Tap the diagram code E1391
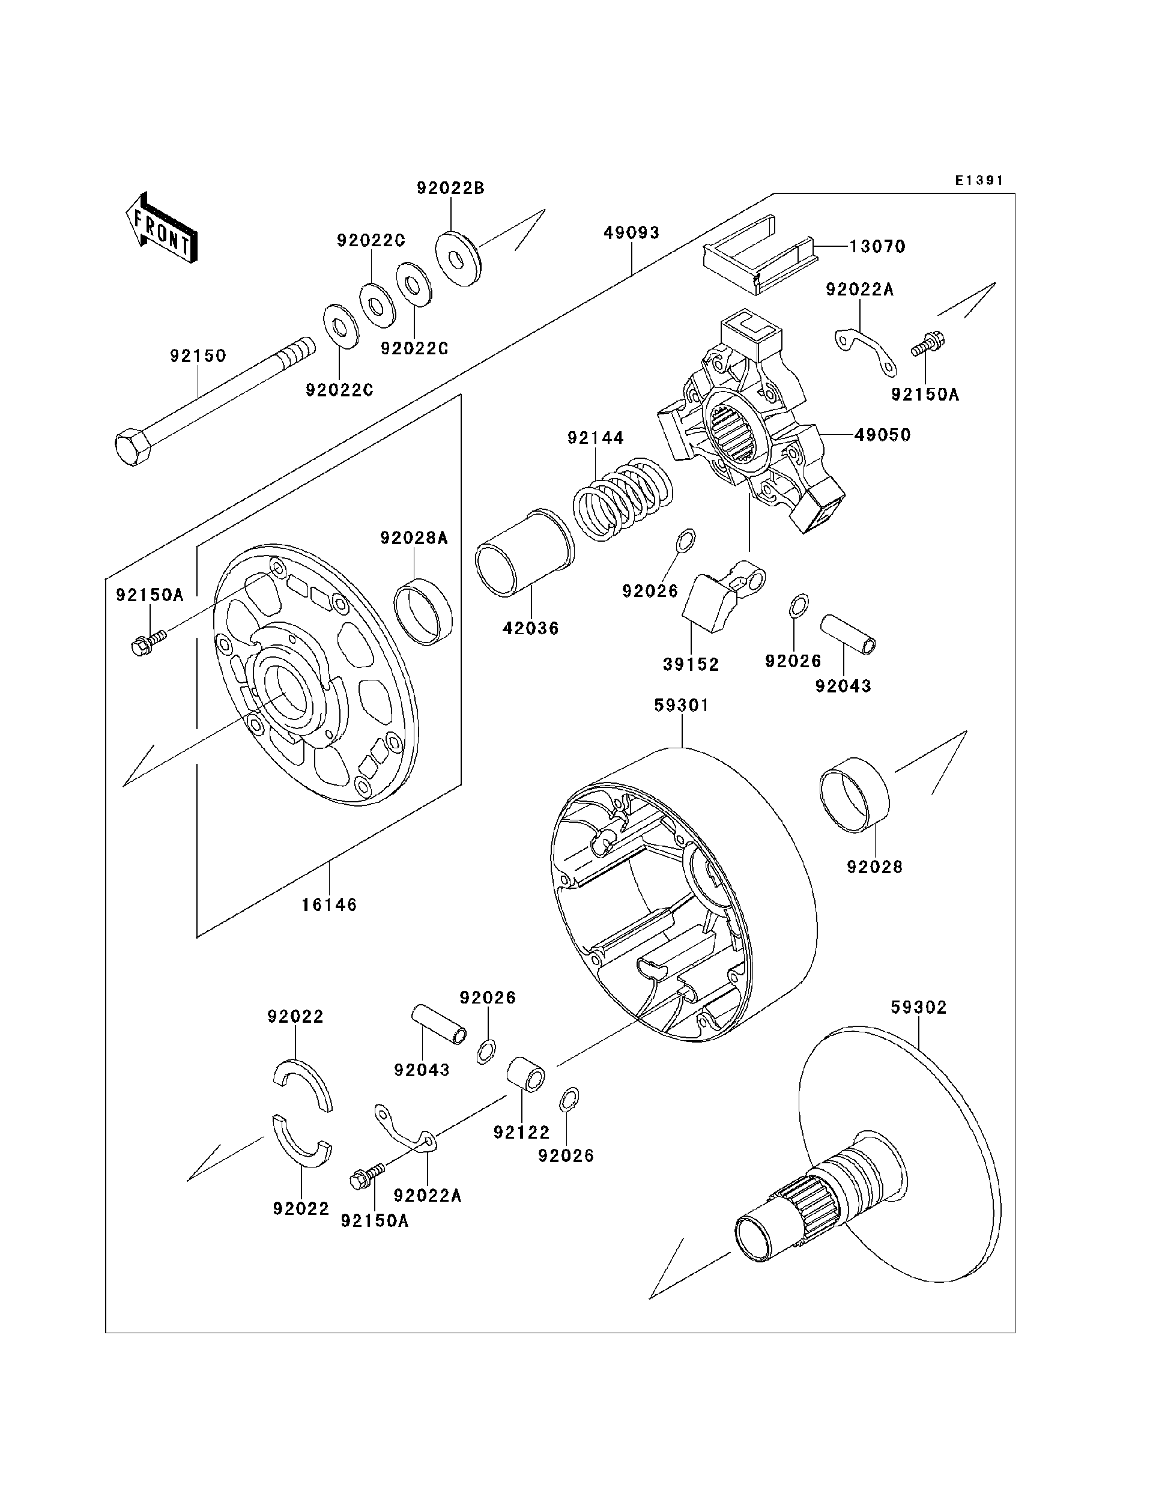pyautogui.click(x=979, y=181)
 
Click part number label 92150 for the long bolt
pyautogui.click(x=198, y=356)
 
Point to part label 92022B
pyautogui.click(x=450, y=188)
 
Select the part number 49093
pyautogui.click(x=631, y=232)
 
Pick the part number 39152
pyautogui.click(x=691, y=664)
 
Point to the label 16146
pyautogui.click(x=330, y=904)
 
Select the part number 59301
pyautogui.click(x=681, y=705)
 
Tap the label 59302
pyautogui.click(x=918, y=1008)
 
